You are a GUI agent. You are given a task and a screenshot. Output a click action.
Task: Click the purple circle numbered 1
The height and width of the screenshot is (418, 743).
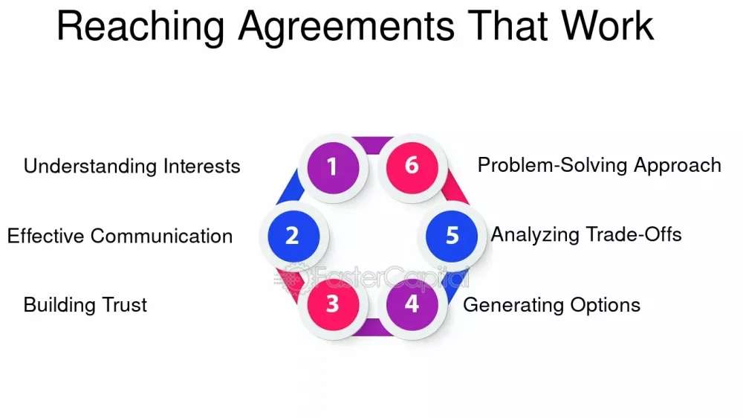coord(333,167)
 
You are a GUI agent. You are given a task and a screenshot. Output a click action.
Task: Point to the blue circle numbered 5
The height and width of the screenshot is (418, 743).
coord(452,236)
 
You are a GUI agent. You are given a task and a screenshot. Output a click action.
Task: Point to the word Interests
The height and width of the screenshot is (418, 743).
coord(202,167)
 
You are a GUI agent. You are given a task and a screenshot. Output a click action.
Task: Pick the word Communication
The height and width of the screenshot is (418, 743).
coord(161,237)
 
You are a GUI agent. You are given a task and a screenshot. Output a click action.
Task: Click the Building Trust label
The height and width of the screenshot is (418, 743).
coord(85,305)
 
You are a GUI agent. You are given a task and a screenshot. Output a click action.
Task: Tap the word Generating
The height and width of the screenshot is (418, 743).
coord(513,305)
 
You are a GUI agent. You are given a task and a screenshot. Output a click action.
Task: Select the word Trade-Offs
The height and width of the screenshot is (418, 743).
coord(634,235)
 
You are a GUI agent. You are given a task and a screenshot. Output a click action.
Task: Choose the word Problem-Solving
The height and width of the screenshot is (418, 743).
coord(553,166)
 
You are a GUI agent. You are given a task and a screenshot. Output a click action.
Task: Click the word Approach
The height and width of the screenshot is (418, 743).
coord(678,166)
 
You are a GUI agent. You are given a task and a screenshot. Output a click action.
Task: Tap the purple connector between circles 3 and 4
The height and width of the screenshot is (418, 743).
coord(373,327)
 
